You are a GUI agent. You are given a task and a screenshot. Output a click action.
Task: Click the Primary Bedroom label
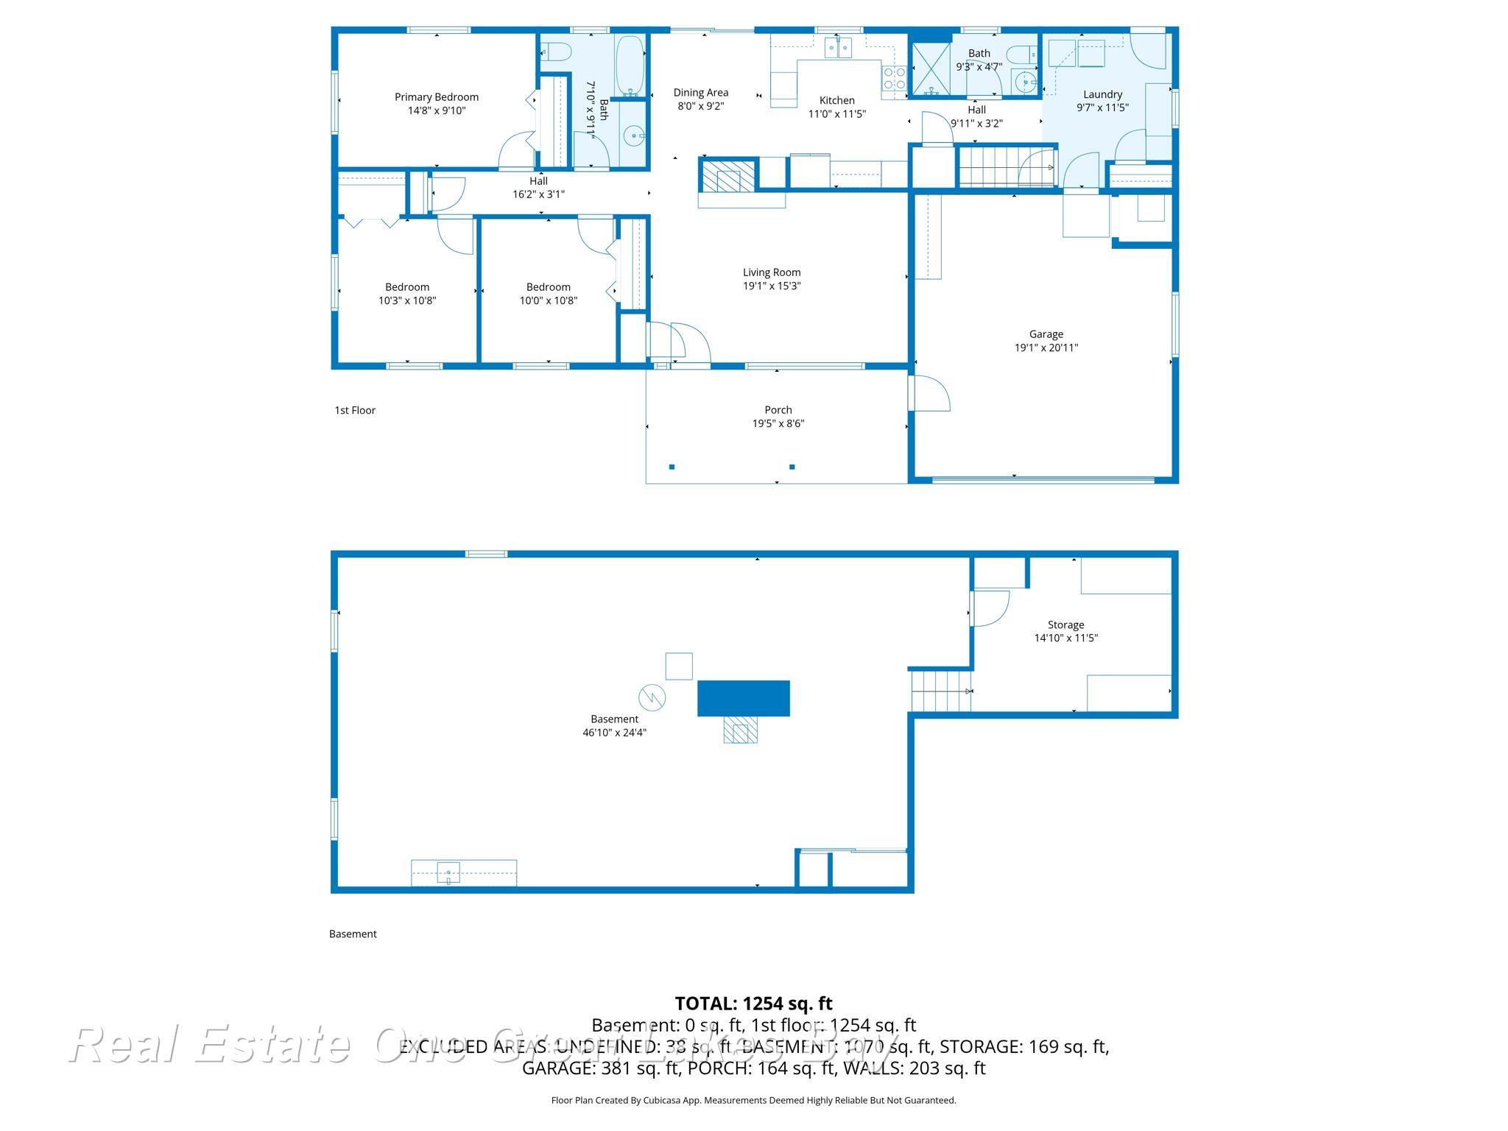(x=436, y=97)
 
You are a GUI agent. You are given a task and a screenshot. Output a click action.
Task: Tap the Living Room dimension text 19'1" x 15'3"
(x=771, y=286)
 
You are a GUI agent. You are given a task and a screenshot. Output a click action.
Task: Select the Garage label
(x=1046, y=334)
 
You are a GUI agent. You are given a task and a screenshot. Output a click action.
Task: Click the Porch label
(x=778, y=410)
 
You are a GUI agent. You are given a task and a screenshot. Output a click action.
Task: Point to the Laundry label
(x=1102, y=94)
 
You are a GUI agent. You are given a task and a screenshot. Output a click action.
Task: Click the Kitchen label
(x=836, y=100)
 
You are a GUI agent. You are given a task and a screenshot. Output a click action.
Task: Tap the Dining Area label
(x=700, y=93)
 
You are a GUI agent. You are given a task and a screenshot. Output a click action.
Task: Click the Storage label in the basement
(x=1065, y=624)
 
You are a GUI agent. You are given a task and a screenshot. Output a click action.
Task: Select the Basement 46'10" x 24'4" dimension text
(x=614, y=733)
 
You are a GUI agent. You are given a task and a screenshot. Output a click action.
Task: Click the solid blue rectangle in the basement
(x=743, y=698)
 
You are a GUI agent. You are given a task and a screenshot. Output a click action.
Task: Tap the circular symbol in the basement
(x=652, y=697)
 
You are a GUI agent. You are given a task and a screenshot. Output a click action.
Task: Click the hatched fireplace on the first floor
(x=727, y=177)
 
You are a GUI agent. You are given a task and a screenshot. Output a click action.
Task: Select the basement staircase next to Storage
(x=940, y=691)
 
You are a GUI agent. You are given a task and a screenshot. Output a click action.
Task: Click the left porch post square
(x=672, y=467)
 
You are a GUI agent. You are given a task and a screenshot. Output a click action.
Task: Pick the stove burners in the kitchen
(x=894, y=78)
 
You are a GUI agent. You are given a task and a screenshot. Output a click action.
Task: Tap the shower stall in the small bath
(x=930, y=70)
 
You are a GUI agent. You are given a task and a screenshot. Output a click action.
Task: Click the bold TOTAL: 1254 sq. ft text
(x=753, y=1004)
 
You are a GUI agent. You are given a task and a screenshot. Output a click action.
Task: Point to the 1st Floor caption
(x=355, y=410)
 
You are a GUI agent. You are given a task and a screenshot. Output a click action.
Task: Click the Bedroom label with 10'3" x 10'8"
(x=406, y=287)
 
